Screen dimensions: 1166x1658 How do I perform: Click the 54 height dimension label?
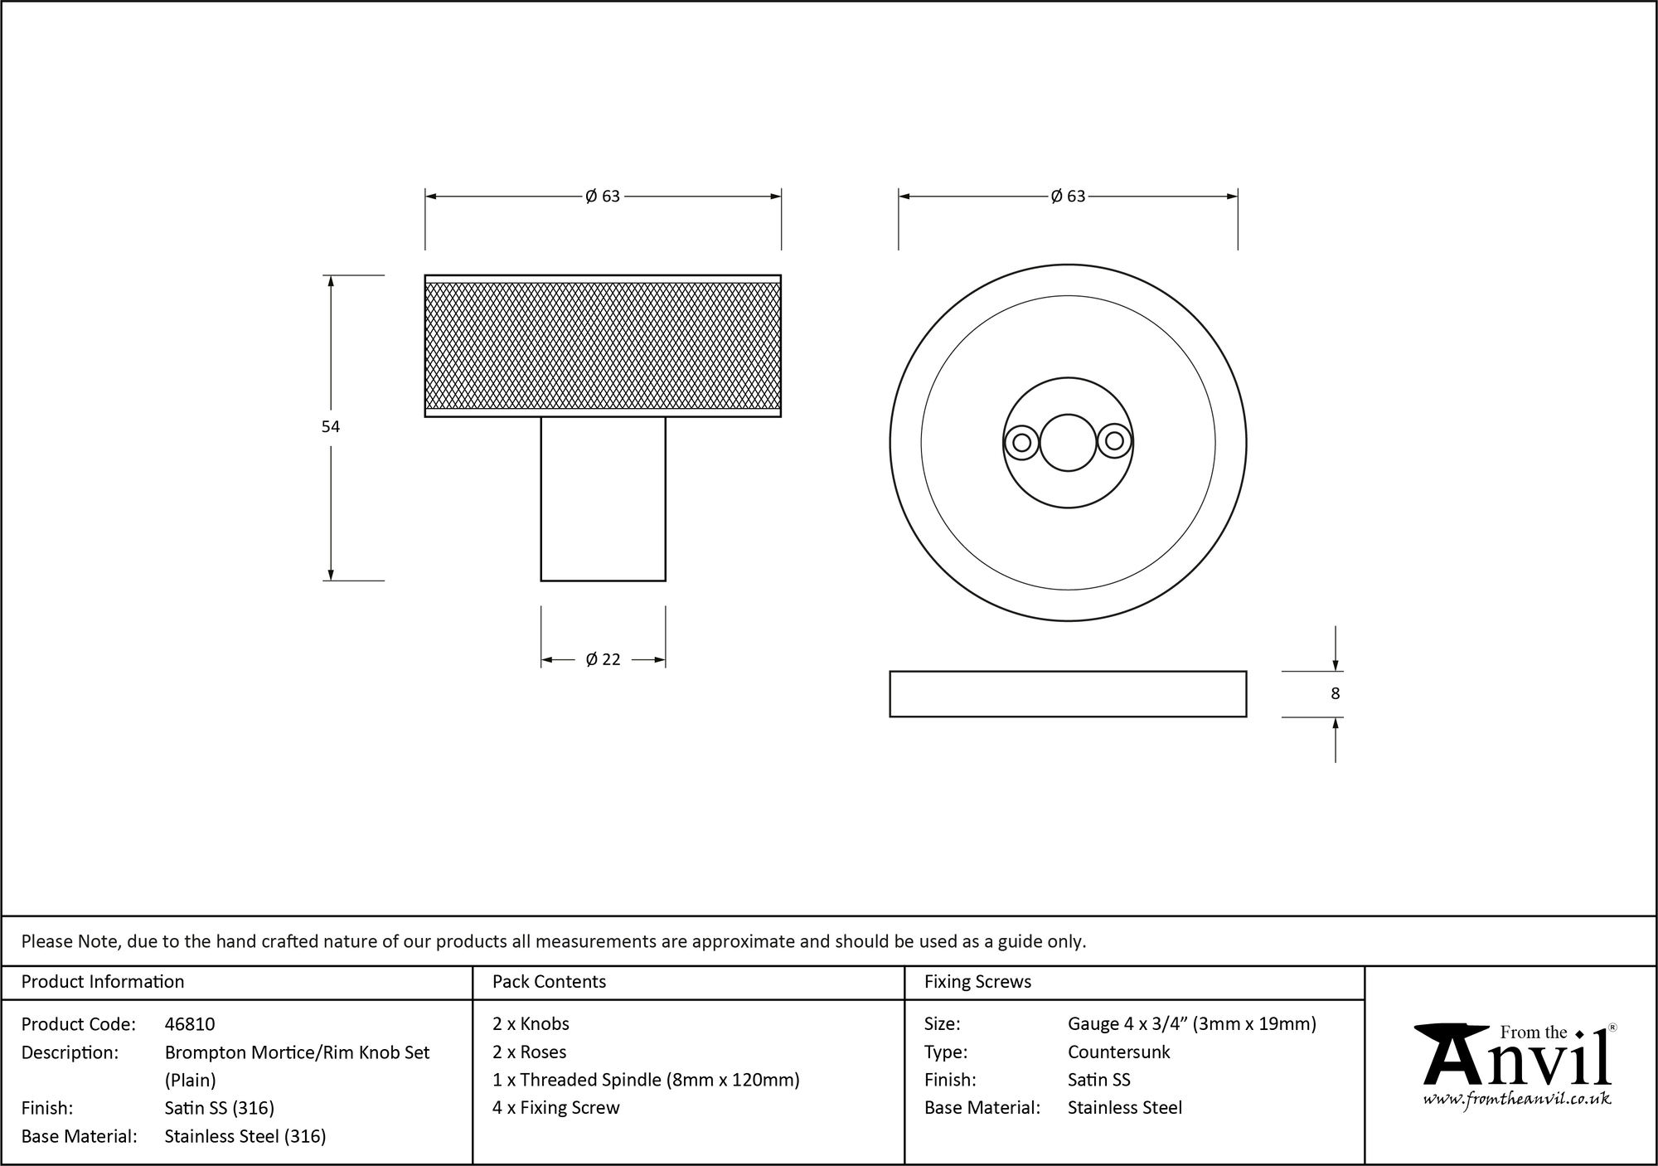(331, 427)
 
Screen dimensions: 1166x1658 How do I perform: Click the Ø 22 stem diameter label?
(603, 660)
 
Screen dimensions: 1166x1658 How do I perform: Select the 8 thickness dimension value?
(1335, 694)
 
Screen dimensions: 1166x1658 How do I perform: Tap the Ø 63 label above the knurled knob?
(603, 197)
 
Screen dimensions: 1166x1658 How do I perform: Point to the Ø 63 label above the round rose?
(1068, 197)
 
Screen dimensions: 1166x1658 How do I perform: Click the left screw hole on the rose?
(1022, 443)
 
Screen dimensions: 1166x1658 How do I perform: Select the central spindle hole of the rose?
(1068, 443)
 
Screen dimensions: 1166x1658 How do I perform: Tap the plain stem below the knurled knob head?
(603, 498)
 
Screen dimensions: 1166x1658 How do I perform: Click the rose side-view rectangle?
(1068, 694)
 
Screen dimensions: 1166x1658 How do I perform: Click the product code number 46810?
(190, 1024)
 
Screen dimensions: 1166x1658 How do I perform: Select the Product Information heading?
(103, 982)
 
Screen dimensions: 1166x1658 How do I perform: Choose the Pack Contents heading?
(549, 982)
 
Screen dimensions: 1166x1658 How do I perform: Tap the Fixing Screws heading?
(977, 982)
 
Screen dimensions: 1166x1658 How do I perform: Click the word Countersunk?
(1118, 1052)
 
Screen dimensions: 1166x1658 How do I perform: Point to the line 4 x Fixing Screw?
(555, 1108)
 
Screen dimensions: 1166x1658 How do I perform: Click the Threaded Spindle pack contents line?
(646, 1080)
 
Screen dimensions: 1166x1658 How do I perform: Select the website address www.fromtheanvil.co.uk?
(1517, 1100)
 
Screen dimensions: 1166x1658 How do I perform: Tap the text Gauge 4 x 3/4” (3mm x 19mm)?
(1191, 1024)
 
